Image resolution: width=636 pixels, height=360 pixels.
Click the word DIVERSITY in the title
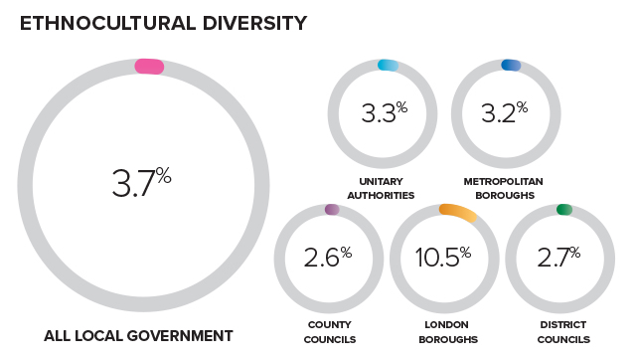pos(254,22)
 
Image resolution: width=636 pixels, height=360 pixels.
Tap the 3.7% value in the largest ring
pos(142,184)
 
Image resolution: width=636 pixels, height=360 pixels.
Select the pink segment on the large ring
pos(149,67)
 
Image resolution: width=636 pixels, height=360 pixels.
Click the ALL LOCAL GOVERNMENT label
pos(138,336)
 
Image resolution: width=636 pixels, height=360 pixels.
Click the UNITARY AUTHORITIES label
pos(381,188)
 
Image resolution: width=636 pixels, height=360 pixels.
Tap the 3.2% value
pos(504,113)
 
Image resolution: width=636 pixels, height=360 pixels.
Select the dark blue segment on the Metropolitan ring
pos(511,66)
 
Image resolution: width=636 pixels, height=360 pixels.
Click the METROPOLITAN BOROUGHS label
pos(503,188)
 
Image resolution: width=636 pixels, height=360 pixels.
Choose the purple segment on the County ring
pos(332,210)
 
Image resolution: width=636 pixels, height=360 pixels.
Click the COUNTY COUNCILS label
pos(326,332)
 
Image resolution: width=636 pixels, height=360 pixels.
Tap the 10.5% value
pos(444,259)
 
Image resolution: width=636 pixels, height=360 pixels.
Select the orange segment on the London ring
pos(458,212)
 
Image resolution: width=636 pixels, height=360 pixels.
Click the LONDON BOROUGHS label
pos(443,332)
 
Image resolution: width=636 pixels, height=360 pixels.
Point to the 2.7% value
pos(558,259)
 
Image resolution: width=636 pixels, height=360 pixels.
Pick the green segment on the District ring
pos(564,210)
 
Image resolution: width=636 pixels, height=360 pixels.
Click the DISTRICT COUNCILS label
pos(558,332)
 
